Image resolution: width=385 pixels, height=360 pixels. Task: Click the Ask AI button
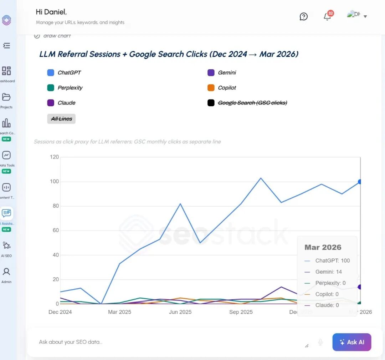pyautogui.click(x=351, y=342)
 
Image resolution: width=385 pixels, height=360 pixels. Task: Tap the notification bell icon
pyautogui.click(x=327, y=16)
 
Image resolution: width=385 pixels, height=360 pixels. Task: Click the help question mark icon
pyautogui.click(x=304, y=16)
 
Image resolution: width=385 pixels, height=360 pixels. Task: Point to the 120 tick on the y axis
pyautogui.click(x=54, y=157)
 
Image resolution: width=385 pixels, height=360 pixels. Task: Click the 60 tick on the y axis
pyautogui.click(x=55, y=230)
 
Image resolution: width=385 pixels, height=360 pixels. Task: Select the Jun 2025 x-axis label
pyautogui.click(x=180, y=312)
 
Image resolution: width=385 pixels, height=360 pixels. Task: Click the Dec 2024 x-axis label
pyautogui.click(x=60, y=312)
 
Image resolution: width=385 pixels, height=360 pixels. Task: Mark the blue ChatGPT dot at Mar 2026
pyautogui.click(x=360, y=182)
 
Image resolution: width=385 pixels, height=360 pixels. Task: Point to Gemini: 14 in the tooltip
pyautogui.click(x=328, y=272)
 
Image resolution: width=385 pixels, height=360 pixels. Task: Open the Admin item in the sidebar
pyautogui.click(x=6, y=275)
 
